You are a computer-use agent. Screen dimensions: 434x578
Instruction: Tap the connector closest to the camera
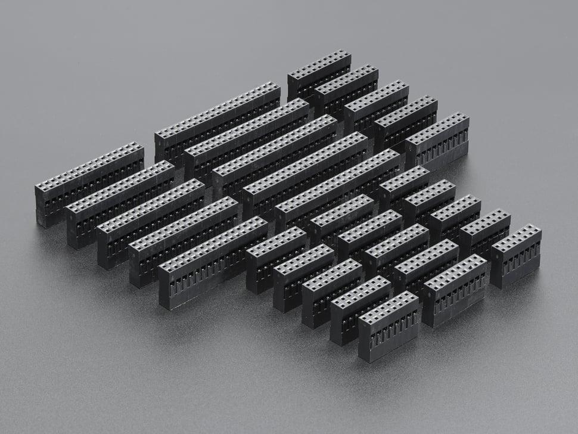point(389,326)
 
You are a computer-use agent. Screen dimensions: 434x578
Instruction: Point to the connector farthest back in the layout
point(319,75)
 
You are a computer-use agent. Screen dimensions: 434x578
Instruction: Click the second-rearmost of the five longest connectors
point(246,140)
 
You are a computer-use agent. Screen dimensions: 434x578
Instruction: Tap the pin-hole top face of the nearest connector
point(387,308)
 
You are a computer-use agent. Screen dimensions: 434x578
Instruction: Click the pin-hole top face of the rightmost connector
point(516,238)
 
